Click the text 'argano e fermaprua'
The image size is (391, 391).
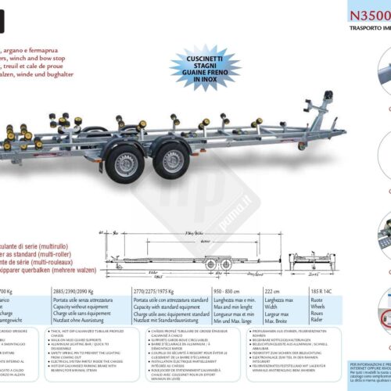click(47, 28)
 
